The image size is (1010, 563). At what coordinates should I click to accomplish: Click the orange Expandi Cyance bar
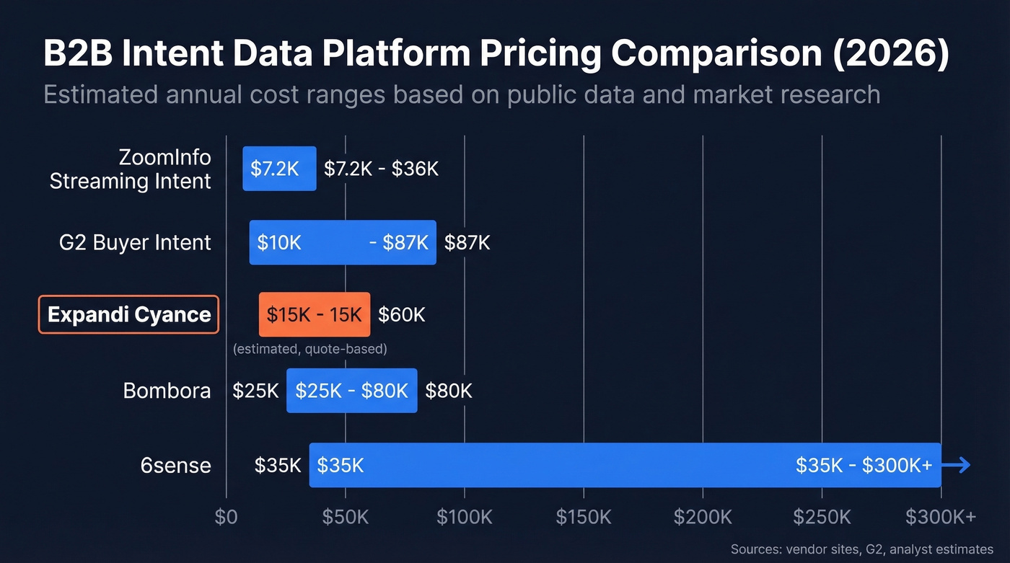(x=315, y=314)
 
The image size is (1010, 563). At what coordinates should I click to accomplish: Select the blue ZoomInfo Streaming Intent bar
(x=279, y=169)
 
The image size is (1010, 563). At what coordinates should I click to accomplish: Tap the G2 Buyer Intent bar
(x=343, y=242)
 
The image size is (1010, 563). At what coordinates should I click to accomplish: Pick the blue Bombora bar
(x=351, y=391)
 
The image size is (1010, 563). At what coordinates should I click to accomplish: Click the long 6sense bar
(x=625, y=465)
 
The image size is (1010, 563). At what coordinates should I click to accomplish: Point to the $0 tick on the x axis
(x=227, y=517)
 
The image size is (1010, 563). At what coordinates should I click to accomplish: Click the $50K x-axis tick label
(x=346, y=517)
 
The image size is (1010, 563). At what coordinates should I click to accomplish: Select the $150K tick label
(x=584, y=517)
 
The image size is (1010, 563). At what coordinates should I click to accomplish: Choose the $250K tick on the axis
(x=822, y=517)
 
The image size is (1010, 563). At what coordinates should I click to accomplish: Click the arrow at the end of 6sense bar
(x=957, y=466)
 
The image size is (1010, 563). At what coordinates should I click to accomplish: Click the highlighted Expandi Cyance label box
(x=128, y=314)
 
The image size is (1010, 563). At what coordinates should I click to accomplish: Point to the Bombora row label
(x=167, y=391)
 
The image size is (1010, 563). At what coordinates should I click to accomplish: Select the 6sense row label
(x=175, y=465)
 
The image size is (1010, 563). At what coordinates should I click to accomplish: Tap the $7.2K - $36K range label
(x=380, y=169)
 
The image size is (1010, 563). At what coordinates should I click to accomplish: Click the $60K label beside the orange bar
(x=402, y=314)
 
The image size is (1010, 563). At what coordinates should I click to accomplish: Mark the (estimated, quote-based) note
(x=309, y=349)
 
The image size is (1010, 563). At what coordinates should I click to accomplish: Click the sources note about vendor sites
(x=861, y=548)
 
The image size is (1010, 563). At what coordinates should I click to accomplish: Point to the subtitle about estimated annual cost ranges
(x=462, y=94)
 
